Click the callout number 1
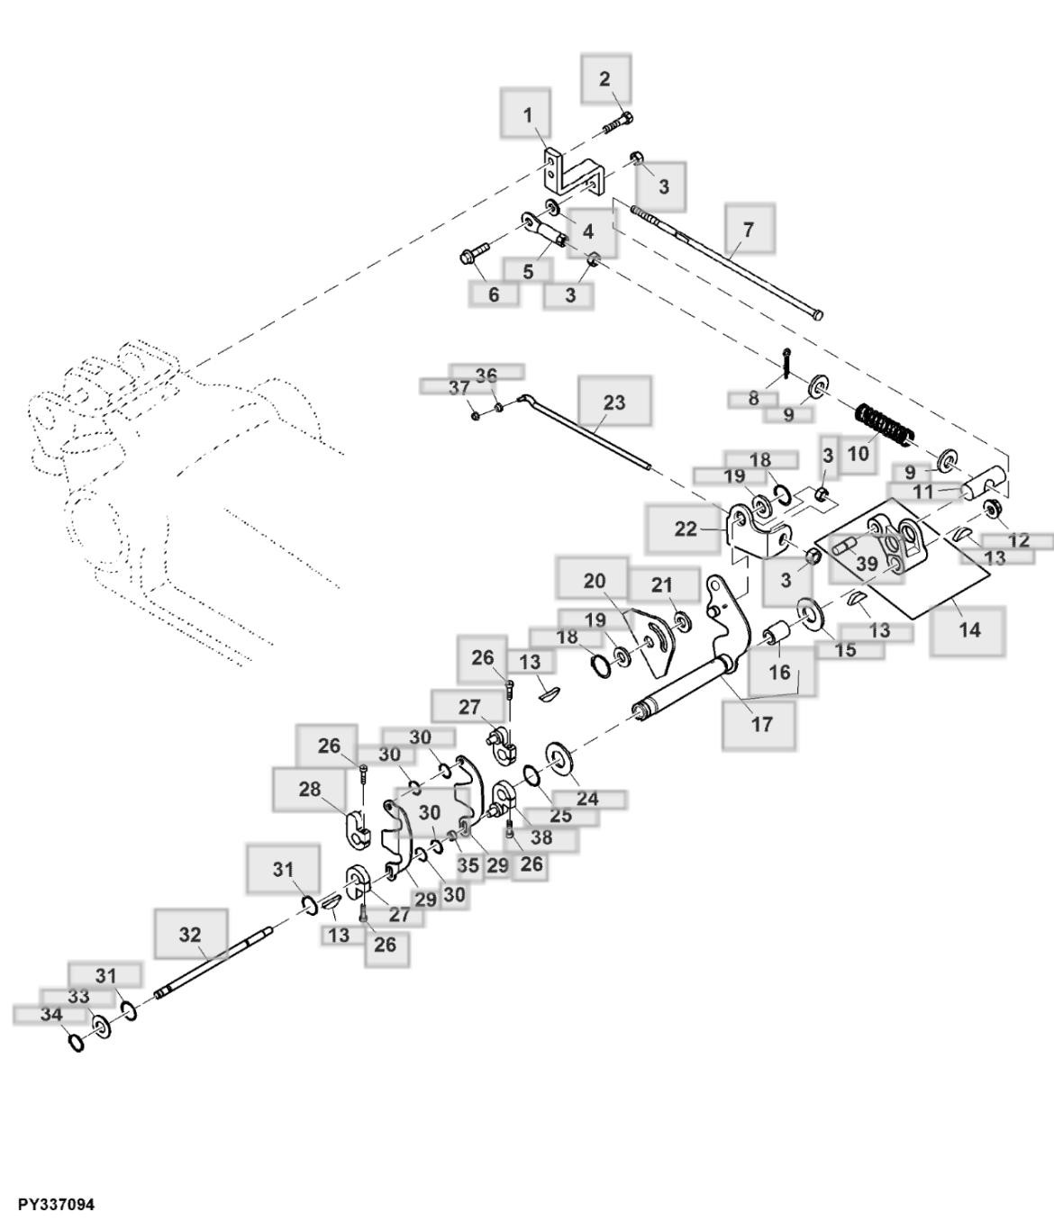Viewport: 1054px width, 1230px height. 528,114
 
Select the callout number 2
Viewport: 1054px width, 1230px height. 604,78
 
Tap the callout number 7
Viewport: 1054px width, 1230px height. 748,229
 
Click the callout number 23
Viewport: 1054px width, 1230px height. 613,402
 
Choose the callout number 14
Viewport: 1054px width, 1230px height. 968,629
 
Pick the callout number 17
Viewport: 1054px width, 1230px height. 761,723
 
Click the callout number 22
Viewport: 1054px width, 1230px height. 686,529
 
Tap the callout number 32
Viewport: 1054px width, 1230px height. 190,934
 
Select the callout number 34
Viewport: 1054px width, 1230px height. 51,1014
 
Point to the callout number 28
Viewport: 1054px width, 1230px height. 309,789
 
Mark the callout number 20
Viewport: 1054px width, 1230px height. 595,581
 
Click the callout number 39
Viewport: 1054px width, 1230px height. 866,564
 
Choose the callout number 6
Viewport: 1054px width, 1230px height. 494,294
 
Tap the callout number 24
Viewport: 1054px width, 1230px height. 587,798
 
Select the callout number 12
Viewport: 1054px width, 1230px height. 1019,540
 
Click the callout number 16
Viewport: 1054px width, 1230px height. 779,672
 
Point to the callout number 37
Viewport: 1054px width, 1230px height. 459,387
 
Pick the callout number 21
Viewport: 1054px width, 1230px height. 662,584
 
